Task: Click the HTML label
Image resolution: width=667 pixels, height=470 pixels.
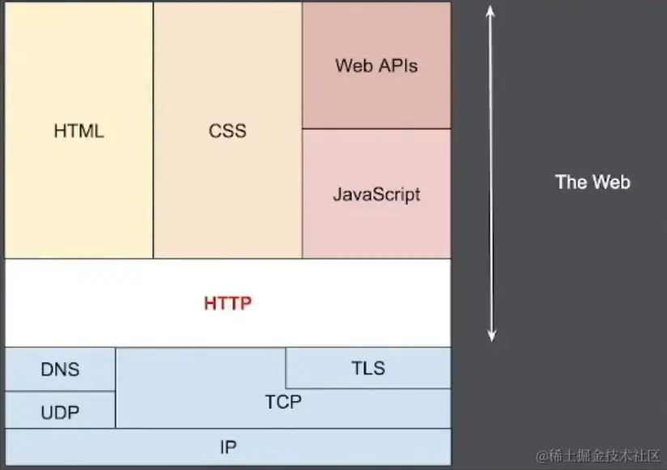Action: point(79,130)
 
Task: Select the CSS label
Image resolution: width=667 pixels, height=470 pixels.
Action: point(227,130)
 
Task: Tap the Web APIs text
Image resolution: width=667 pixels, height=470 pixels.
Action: point(376,66)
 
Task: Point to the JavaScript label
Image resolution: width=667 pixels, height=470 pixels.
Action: point(376,195)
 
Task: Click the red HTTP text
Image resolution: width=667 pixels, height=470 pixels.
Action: point(227,304)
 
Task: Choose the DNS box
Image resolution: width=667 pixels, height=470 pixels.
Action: point(61,370)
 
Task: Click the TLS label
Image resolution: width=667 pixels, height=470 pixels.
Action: point(368,369)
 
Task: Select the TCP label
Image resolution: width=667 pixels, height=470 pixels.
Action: point(283,401)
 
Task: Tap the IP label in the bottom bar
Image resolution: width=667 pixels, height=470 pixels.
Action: point(227,447)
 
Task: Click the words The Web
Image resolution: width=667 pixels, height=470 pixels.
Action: point(593,182)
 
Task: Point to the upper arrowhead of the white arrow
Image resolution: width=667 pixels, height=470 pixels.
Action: point(491,10)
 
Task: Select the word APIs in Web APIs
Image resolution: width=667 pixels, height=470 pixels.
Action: point(399,66)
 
